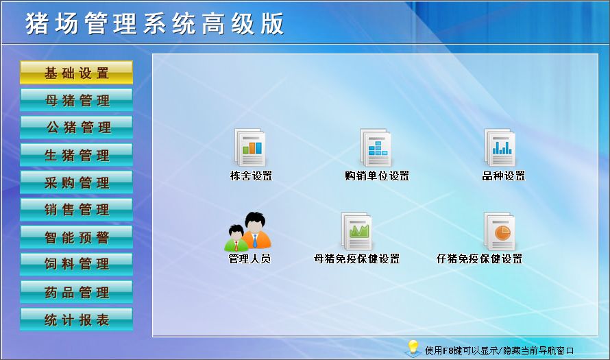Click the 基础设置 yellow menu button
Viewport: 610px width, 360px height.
tap(76, 73)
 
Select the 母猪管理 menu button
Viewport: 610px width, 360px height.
tap(76, 100)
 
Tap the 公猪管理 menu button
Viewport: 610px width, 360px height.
tap(76, 128)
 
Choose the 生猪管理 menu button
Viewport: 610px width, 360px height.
tap(76, 155)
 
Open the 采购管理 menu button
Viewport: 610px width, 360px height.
tap(76, 182)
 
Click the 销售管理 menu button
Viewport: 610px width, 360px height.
tap(76, 210)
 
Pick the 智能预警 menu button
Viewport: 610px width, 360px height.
tap(76, 237)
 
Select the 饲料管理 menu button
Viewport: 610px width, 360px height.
tap(76, 264)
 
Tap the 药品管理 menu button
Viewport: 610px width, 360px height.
tap(76, 292)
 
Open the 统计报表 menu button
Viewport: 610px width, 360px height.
tap(76, 319)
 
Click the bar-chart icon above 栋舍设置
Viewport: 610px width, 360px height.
tap(250, 148)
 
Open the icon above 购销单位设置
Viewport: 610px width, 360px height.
tap(376, 148)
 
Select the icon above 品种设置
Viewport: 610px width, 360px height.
tap(500, 148)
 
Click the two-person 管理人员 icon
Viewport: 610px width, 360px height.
tap(248, 232)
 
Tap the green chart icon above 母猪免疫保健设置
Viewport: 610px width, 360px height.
tap(356, 231)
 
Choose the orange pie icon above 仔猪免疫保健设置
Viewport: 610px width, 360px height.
tap(500, 231)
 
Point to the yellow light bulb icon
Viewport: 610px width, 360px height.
tap(413, 348)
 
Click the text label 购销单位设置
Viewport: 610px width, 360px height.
tap(377, 176)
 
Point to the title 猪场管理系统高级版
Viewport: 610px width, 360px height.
tap(154, 23)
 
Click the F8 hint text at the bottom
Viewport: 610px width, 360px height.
tap(499, 350)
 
